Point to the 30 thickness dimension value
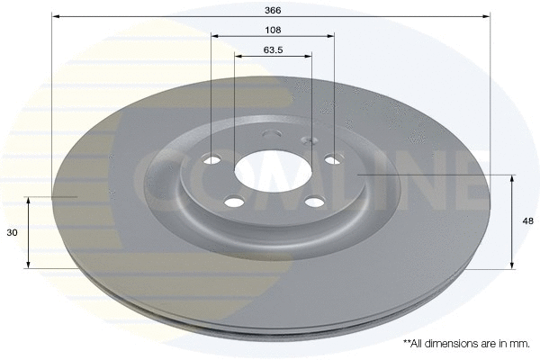click(x=13, y=232)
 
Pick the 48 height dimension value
click(x=527, y=220)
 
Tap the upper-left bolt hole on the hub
click(x=213, y=160)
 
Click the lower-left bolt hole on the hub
click(x=235, y=202)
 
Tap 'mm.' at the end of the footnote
click(x=520, y=344)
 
